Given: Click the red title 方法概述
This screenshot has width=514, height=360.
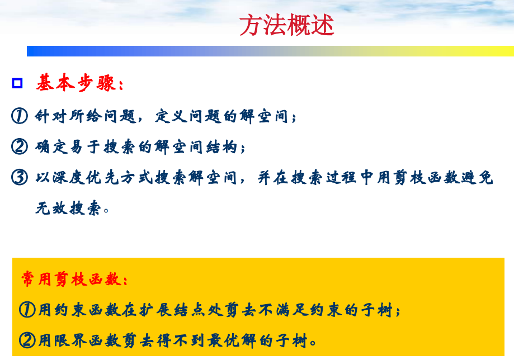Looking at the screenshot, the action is pyautogui.click(x=286, y=25).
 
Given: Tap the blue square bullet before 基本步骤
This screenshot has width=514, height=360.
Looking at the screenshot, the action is pyautogui.click(x=17, y=83).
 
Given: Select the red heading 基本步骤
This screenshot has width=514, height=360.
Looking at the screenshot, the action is pyautogui.click(x=79, y=83).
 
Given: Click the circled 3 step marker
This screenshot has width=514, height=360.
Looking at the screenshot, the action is pyautogui.click(x=20, y=177).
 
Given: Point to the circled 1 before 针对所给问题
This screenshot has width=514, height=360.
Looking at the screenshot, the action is pyautogui.click(x=20, y=116).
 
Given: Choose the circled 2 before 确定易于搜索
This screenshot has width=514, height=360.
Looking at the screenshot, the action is pyautogui.click(x=20, y=146).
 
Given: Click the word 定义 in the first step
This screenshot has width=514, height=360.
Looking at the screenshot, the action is pyautogui.click(x=171, y=116).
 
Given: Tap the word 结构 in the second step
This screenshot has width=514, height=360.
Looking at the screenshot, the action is pyautogui.click(x=221, y=147).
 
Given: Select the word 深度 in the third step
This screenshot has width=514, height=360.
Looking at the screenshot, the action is pyautogui.click(x=69, y=178).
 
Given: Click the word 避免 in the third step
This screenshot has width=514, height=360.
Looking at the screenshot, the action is pyautogui.click(x=477, y=178).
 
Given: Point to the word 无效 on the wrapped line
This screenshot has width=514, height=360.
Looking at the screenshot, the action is pyautogui.click(x=51, y=208).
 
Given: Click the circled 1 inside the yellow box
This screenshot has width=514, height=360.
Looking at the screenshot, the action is pyautogui.click(x=27, y=310).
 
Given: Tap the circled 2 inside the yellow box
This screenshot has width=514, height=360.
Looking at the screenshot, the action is pyautogui.click(x=27, y=340).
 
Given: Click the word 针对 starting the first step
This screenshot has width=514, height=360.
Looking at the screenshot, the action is pyautogui.click(x=51, y=116).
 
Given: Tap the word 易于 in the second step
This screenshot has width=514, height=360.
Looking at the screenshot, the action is pyautogui.click(x=84, y=147).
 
